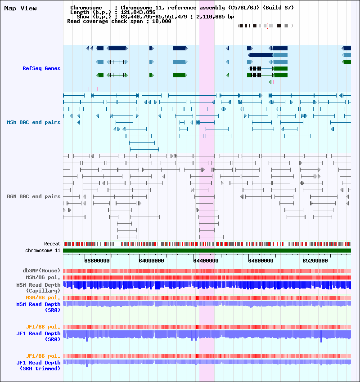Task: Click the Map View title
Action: (20, 8)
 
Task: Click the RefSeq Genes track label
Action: (41, 68)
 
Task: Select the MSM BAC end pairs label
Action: (34, 122)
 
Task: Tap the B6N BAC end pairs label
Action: (34, 196)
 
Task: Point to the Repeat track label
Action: (52, 244)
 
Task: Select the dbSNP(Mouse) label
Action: (42, 271)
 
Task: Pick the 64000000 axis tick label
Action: (151, 260)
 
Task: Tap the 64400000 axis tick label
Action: (206, 260)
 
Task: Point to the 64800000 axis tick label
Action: (261, 260)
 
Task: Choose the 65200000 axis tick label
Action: (316, 260)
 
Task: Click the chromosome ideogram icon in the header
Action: (265, 26)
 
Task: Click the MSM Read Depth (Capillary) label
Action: (38, 288)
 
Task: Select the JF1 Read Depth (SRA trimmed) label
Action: (38, 365)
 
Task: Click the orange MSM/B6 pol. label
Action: (43, 298)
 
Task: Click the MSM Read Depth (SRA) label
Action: (38, 307)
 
